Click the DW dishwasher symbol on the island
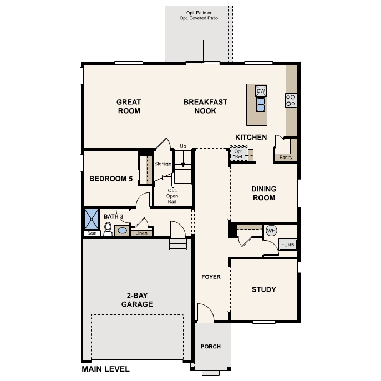tap(261, 91)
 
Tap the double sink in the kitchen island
tap(261, 104)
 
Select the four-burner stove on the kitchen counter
tap(291, 100)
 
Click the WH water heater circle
tap(271, 230)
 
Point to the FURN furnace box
tap(288, 245)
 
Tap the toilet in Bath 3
tap(108, 229)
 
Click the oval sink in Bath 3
tap(122, 230)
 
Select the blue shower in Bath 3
tap(92, 219)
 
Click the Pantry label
tap(286, 157)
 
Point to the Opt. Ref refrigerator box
tap(238, 154)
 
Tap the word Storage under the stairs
tap(162, 164)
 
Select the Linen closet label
tap(141, 233)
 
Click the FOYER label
tap(211, 277)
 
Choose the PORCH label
tap(211, 346)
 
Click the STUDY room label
tap(264, 289)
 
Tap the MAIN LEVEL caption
tap(105, 369)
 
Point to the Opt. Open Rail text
tap(172, 196)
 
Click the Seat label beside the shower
tap(92, 233)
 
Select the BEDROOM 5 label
tap(111, 179)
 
